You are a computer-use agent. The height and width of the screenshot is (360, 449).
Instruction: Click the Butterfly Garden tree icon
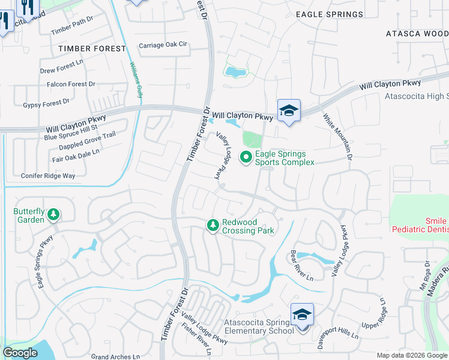pos(53,214)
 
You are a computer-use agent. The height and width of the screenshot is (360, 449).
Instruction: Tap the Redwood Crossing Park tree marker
pos(212,225)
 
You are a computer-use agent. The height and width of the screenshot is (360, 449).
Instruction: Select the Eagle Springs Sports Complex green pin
pos(246,158)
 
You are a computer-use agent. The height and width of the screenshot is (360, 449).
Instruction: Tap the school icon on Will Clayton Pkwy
pos(289,110)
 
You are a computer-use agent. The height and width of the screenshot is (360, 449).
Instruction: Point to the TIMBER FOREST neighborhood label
pos(92,48)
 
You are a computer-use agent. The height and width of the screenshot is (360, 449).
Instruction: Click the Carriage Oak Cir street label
pos(163,45)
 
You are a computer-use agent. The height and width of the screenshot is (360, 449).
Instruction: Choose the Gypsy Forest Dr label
pos(46,104)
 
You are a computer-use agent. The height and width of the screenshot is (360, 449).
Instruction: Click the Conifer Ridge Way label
pos(47,176)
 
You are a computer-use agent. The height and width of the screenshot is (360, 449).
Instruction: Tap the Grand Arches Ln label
pos(115,356)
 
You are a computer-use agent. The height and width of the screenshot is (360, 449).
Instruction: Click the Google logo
pos(20,353)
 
